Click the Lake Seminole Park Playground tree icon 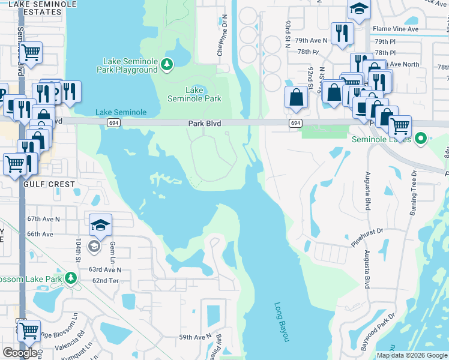(x=168, y=64)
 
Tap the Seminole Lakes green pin (x=421, y=139)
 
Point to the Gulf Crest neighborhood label (x=49, y=184)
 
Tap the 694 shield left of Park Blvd (x=113, y=123)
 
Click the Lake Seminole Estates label (x=48, y=7)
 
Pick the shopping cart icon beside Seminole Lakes (x=400, y=126)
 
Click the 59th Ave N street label (x=195, y=337)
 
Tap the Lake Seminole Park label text (x=194, y=94)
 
